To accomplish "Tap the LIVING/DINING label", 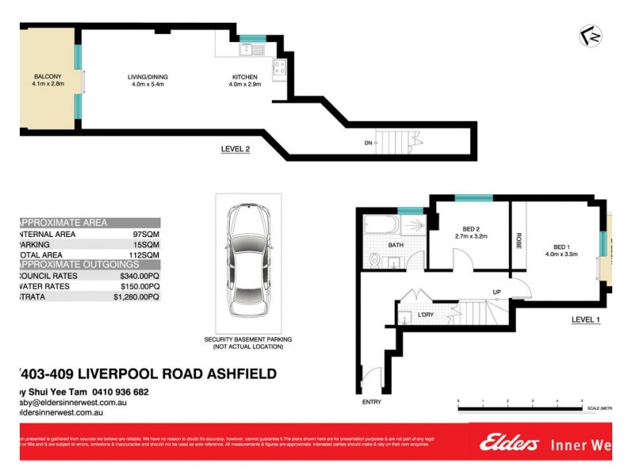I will (148, 77).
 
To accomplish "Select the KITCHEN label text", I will (244, 77).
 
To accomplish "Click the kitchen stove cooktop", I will (279, 70).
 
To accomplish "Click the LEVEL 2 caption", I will (235, 149).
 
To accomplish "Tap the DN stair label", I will (368, 143).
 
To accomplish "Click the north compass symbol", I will (588, 36).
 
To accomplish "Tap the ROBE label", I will (518, 241).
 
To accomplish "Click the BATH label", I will (396, 246).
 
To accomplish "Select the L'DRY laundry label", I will (426, 315).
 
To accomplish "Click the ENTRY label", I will (371, 402).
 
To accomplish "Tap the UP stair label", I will (497, 292).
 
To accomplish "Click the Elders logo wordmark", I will (510, 443).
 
